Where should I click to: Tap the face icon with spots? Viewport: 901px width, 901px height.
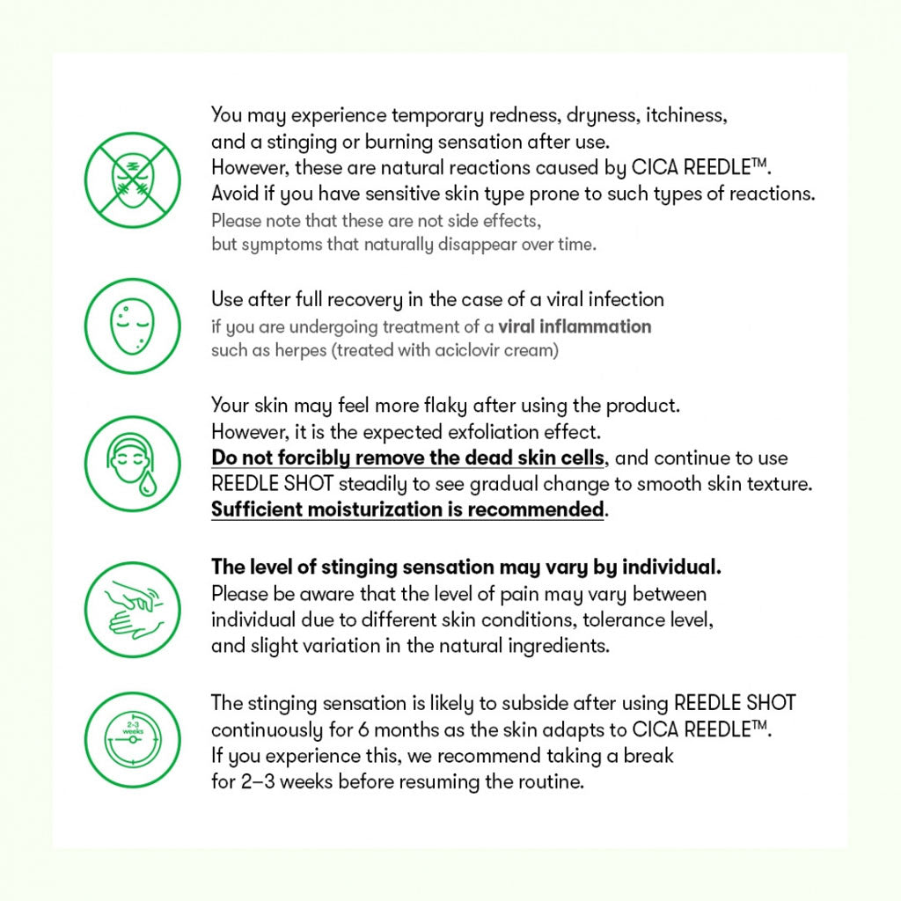132,326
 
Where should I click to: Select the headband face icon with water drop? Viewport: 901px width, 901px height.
132,463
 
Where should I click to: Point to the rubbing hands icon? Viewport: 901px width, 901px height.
132,609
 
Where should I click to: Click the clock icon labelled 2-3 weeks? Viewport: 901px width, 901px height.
132,739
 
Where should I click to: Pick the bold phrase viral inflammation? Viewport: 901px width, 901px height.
575,326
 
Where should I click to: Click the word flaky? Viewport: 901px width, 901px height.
443,406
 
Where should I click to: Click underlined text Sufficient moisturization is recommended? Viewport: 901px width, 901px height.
407,509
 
